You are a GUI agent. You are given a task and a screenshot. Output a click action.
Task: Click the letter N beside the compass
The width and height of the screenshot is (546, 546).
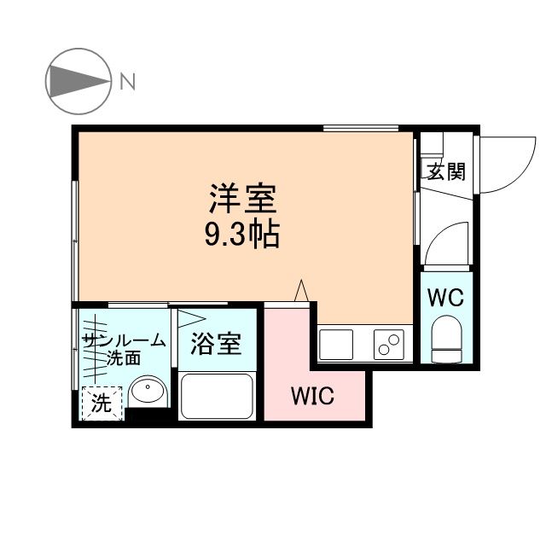click(x=128, y=82)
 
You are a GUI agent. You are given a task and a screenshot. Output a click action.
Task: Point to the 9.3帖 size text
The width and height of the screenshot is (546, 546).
click(x=241, y=234)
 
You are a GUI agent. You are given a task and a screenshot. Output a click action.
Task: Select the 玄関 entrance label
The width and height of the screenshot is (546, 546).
click(x=446, y=171)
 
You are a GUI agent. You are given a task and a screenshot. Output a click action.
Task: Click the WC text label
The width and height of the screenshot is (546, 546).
click(x=444, y=298)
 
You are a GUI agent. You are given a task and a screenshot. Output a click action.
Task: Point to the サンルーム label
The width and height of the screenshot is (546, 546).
click(x=124, y=341)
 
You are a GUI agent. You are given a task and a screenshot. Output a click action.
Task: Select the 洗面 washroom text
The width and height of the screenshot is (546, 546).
click(x=124, y=358)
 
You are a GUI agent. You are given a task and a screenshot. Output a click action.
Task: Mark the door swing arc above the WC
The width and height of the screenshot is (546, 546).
click(x=448, y=243)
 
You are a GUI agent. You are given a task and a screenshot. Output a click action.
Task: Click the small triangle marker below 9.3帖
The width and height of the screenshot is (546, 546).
click(x=300, y=291)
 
